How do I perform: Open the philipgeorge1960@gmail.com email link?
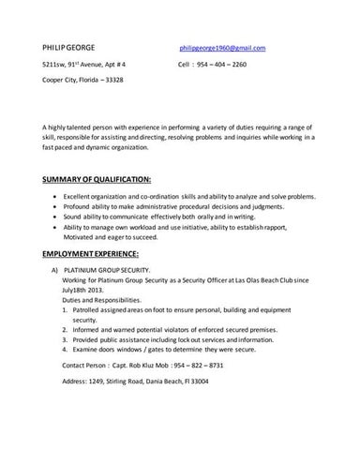[x=223, y=47]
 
